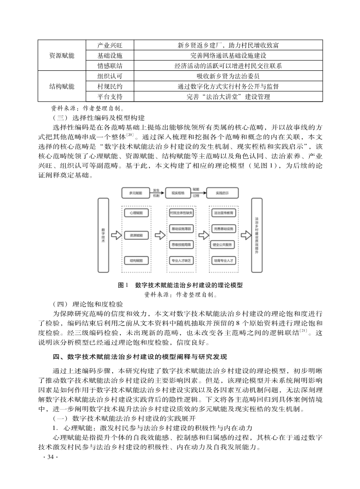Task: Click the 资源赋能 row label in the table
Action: click(x=62, y=55)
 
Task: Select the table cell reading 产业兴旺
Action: click(x=110, y=45)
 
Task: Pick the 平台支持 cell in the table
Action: click(x=110, y=96)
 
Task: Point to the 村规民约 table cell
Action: click(x=110, y=86)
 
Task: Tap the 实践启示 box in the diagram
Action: click(x=222, y=193)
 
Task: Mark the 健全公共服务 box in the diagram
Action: click(x=222, y=245)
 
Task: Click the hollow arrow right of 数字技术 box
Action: click(x=116, y=235)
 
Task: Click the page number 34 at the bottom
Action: click(x=48, y=456)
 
